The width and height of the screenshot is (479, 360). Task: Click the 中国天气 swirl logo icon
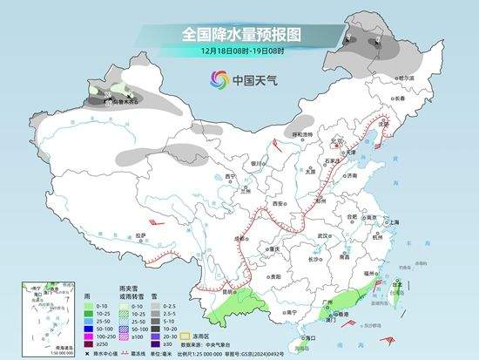tap(217, 80)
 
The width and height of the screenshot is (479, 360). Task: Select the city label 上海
tap(393, 221)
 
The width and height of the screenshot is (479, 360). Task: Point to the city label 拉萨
tap(141, 234)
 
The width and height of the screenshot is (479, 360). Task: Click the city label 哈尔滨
tap(402, 77)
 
